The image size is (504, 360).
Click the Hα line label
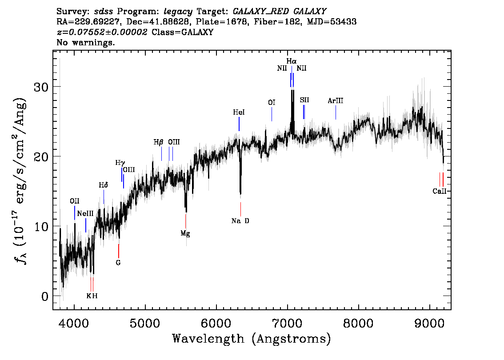tap(291, 61)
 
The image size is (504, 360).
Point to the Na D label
tap(240, 221)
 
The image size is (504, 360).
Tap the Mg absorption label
tap(185, 233)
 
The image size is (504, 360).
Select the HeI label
tap(239, 113)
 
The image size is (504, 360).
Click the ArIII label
tap(336, 101)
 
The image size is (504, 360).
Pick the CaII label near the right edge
tap(439, 192)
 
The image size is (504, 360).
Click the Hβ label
tap(159, 142)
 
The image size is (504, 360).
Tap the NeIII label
tap(85, 214)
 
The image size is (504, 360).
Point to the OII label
tap(74, 201)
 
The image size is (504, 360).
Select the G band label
tap(118, 263)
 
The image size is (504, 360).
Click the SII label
tap(304, 100)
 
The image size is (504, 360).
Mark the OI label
tap(272, 103)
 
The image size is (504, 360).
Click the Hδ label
tap(104, 185)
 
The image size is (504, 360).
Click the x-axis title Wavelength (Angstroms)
tap(252, 339)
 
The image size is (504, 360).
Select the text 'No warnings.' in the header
tap(86, 43)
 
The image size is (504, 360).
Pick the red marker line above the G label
tap(119, 250)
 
